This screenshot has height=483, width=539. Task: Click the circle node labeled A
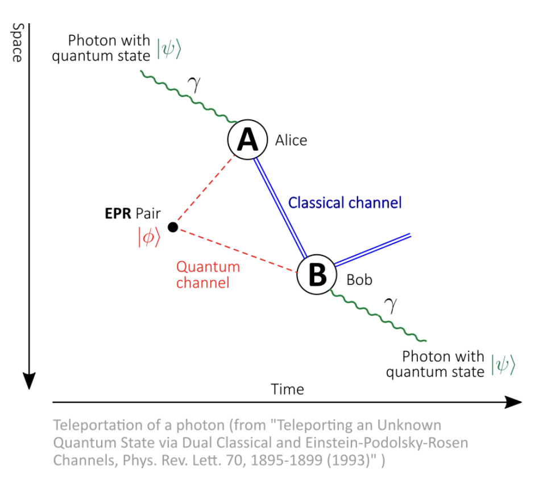pyautogui.click(x=247, y=139)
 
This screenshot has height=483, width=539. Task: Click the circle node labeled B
pyautogui.click(x=317, y=274)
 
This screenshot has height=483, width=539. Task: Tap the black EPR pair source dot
pyautogui.click(x=173, y=227)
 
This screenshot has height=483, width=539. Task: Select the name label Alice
pyautogui.click(x=291, y=141)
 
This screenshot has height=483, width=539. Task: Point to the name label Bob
pyautogui.click(x=359, y=280)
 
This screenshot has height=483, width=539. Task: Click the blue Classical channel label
pyautogui.click(x=345, y=203)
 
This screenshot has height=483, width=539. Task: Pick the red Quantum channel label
pyautogui.click(x=208, y=275)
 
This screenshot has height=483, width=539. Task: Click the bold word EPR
pyautogui.click(x=118, y=213)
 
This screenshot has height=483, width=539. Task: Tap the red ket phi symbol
pyautogui.click(x=149, y=237)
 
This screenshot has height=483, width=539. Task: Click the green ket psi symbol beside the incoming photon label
pyautogui.click(x=169, y=48)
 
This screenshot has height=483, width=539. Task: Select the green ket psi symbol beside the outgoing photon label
pyautogui.click(x=503, y=364)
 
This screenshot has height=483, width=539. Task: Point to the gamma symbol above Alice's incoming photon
pyautogui.click(x=194, y=84)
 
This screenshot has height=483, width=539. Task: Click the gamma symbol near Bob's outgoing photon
pyautogui.click(x=391, y=305)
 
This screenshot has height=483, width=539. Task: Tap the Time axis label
pyautogui.click(x=287, y=390)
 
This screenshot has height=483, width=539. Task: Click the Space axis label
pyautogui.click(x=17, y=43)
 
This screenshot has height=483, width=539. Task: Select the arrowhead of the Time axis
pyautogui.click(x=513, y=402)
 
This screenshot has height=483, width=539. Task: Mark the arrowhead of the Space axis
pyautogui.click(x=29, y=381)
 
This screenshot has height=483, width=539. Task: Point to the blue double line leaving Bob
pyautogui.click(x=372, y=250)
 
